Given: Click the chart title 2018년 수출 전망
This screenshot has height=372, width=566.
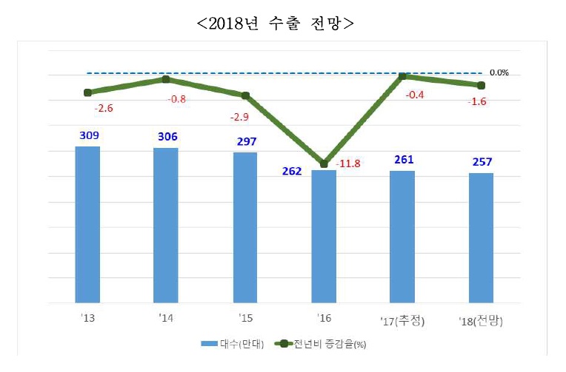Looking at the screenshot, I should [x=275, y=23].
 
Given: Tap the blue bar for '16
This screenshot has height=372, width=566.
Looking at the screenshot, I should [x=324, y=237].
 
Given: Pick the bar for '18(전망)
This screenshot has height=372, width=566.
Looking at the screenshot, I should [x=481, y=238].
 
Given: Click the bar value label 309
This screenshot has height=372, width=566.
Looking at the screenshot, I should [x=88, y=135].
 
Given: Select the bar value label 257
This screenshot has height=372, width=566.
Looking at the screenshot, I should [x=482, y=162].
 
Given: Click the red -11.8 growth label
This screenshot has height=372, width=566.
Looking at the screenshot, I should [x=348, y=163].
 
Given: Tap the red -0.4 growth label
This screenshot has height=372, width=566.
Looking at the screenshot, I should [x=415, y=95].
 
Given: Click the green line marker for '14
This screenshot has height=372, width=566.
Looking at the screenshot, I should [x=166, y=79].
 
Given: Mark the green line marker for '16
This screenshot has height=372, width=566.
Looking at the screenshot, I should [x=324, y=163].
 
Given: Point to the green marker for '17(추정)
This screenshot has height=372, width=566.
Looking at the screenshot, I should [x=402, y=75].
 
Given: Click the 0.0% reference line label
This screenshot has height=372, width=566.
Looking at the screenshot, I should [x=499, y=72].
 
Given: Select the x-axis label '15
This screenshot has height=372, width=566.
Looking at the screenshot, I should [x=244, y=320].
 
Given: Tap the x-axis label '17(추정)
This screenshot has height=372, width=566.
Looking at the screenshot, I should [x=403, y=320].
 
